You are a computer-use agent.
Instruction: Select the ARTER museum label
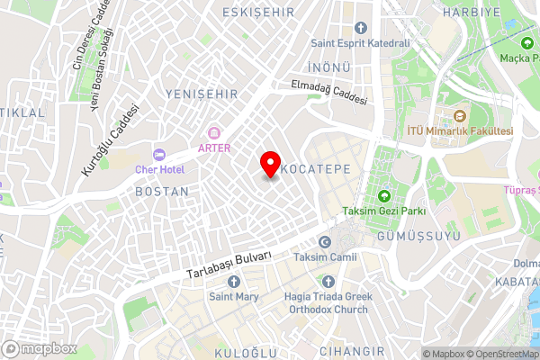click(214, 148)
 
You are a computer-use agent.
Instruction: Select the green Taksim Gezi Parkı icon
click(384, 196)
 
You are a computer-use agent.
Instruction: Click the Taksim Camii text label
click(326, 257)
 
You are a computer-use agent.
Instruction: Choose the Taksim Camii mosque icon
click(326, 242)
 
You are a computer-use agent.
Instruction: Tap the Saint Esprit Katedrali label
click(360, 42)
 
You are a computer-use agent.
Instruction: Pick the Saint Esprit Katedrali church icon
click(360, 28)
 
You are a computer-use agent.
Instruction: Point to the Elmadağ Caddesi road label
click(328, 93)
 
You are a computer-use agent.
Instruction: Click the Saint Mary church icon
click(234, 282)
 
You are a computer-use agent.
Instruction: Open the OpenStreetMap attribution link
click(500, 354)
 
